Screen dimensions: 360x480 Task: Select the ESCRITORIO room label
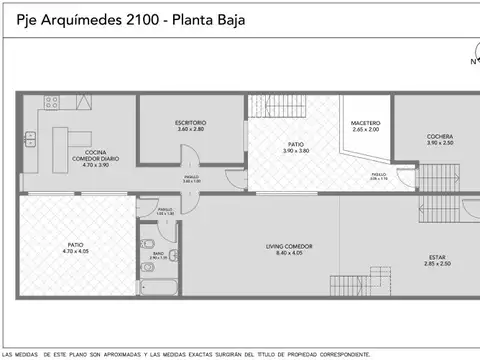190,123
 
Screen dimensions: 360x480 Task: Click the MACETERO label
365,123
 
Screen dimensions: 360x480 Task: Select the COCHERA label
440,136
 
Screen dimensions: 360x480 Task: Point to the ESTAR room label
437,257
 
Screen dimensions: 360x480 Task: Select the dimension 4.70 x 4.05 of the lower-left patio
75,251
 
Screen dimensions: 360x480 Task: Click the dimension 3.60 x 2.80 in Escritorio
190,130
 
